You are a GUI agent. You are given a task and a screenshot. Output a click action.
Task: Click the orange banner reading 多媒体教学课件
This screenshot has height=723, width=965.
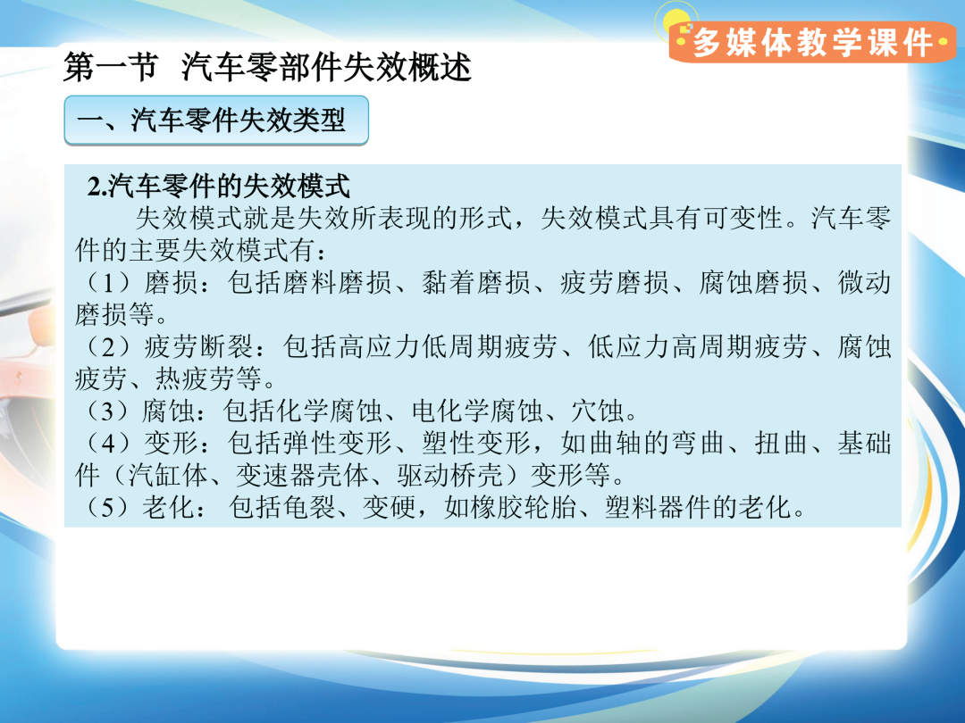812,42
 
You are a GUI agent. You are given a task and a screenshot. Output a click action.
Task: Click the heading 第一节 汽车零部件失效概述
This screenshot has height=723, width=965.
267,67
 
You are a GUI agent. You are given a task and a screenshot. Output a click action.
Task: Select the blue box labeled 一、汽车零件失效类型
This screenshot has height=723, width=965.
216,120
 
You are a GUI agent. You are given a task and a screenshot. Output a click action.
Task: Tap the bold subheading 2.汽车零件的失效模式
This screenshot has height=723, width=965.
219,186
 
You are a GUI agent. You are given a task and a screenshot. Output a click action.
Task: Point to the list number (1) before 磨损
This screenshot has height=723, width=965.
107,283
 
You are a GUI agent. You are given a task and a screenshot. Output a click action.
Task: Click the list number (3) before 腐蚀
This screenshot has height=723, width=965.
107,411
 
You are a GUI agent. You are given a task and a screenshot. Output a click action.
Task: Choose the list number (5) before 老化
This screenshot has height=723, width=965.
107,507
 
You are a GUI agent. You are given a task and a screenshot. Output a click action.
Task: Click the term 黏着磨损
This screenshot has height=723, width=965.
475,283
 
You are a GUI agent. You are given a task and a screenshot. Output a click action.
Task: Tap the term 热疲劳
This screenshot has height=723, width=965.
209,378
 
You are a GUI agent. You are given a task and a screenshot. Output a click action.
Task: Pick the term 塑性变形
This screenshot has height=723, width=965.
475,443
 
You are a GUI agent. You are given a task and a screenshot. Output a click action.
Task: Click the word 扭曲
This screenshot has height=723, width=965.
782,443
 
